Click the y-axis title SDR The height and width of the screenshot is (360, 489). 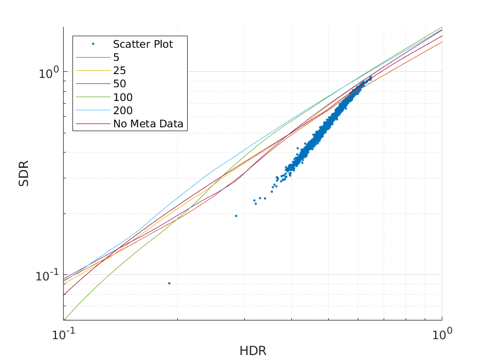[x=24, y=173]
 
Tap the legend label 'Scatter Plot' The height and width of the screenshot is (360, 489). [x=143, y=44]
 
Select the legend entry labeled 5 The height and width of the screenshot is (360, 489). [x=116, y=57]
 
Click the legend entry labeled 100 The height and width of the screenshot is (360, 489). [x=122, y=98]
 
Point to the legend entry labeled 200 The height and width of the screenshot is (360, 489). [x=122, y=111]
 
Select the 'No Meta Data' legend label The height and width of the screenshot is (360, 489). [x=150, y=124]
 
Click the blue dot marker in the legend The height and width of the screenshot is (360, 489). [x=93, y=44]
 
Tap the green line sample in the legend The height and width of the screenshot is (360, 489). [x=93, y=98]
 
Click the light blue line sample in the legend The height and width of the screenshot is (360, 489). [x=93, y=111]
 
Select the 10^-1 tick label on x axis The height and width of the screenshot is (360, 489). [x=63, y=334]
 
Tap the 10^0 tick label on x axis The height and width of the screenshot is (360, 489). [x=442, y=334]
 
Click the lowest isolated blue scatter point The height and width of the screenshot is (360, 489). [x=169, y=283]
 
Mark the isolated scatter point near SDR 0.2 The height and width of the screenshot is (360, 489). [x=236, y=216]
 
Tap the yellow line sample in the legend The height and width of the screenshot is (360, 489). [x=93, y=71]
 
